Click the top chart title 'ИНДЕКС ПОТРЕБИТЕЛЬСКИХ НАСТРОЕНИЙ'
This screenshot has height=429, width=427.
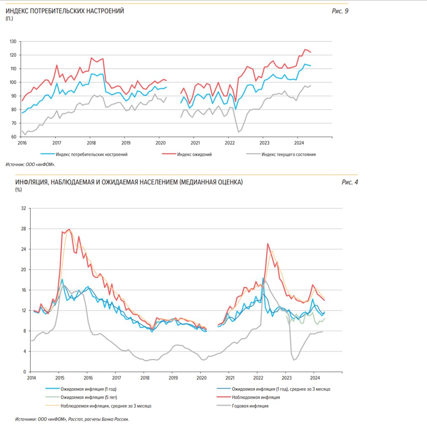(64, 11)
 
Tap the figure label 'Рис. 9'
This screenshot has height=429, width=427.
(340, 11)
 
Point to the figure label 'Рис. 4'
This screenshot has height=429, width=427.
(349, 182)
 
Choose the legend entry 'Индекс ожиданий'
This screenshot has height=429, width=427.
(194, 154)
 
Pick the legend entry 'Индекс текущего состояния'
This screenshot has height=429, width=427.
(288, 154)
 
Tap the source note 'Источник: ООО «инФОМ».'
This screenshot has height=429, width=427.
(30, 165)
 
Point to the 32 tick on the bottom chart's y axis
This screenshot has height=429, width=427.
(24, 208)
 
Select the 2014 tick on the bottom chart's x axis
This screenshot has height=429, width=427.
(31, 378)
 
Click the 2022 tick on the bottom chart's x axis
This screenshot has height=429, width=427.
(258, 378)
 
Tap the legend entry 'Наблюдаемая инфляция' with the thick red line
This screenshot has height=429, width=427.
(256, 397)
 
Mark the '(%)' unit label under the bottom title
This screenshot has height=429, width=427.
(19, 190)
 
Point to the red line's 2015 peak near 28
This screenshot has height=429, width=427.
(69, 229)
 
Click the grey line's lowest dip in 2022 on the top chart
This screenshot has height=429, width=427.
(239, 132)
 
